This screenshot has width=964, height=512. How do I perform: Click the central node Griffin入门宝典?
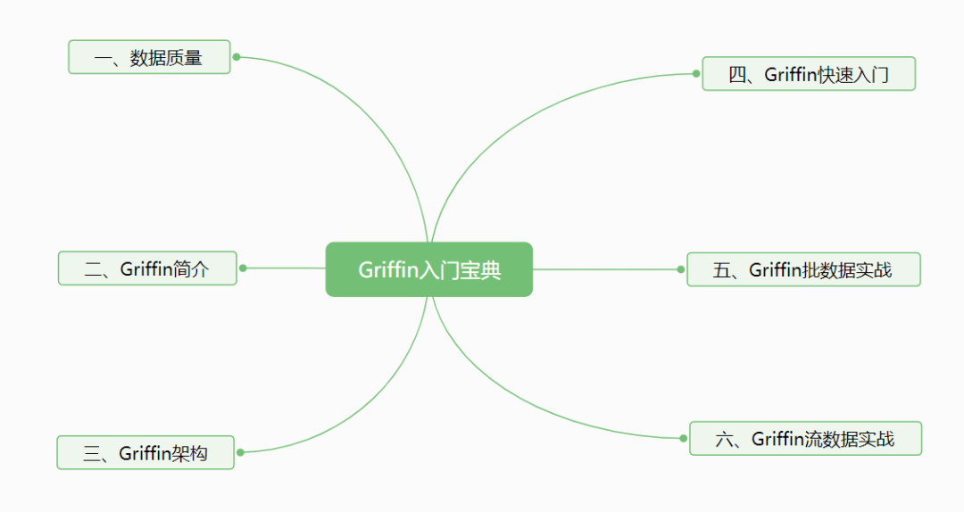(428, 269)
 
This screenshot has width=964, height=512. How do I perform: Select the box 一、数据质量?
(149, 57)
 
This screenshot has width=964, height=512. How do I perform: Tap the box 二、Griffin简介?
(147, 268)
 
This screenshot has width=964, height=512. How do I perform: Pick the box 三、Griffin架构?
(145, 453)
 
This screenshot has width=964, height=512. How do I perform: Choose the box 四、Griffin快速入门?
(809, 74)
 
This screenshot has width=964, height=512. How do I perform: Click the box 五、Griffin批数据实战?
(803, 269)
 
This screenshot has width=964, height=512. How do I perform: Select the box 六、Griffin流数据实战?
(805, 439)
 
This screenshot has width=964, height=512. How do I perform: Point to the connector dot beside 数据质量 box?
(237, 57)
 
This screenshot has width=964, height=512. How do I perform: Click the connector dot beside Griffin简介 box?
(243, 268)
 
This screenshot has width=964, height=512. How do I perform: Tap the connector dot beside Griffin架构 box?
(240, 452)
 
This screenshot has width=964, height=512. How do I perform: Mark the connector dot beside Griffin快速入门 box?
(697, 74)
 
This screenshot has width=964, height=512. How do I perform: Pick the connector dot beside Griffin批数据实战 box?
(681, 269)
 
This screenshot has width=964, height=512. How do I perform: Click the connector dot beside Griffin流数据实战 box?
(684, 438)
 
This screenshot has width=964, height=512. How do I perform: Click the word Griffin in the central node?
(388, 269)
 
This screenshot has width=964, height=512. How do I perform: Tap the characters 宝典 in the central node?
(482, 269)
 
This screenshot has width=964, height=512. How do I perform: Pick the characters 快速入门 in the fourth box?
(853, 74)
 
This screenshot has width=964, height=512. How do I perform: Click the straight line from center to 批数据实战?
(607, 269)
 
